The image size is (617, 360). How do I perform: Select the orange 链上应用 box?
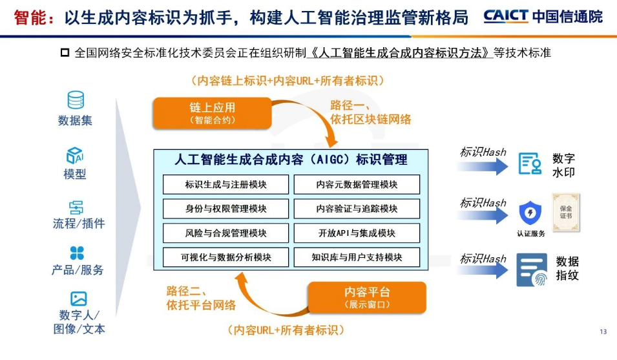[212, 112]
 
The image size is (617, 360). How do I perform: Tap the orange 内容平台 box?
[367, 297]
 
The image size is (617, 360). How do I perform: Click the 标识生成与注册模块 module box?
[225, 184]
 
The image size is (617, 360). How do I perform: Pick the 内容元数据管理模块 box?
[357, 184]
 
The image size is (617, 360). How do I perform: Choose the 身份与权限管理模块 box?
[225, 209]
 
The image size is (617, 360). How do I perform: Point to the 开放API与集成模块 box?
[357, 233]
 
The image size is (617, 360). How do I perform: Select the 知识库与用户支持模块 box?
[357, 257]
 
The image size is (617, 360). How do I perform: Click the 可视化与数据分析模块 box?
[225, 257]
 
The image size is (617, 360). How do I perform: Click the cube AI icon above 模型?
[75, 156]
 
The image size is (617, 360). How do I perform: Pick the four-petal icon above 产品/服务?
[77, 253]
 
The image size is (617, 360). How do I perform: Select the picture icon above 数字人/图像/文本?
[79, 299]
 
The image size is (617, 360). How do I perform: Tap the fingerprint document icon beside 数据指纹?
[531, 270]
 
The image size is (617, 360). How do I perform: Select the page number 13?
[603, 332]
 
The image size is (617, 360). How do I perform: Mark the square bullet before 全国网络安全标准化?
[65, 52]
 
